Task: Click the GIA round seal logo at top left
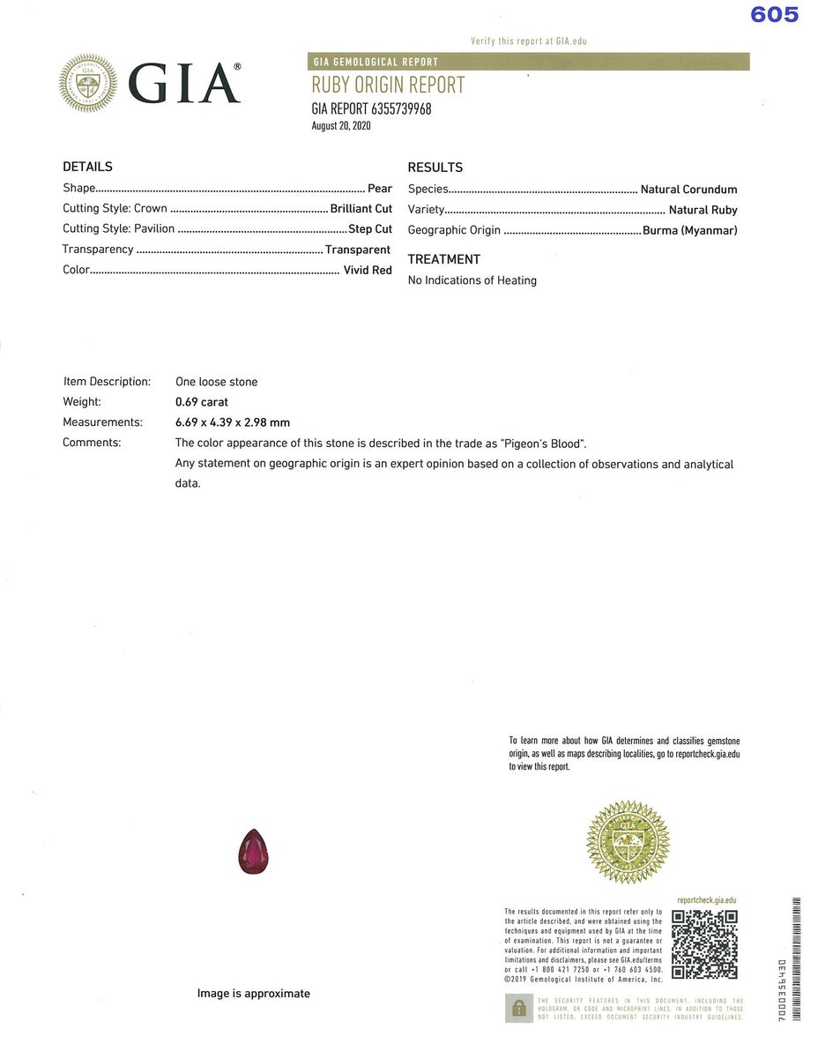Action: tap(88, 84)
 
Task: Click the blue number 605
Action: tap(774, 15)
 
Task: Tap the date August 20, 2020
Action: tap(341, 126)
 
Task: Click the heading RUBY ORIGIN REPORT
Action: tap(388, 86)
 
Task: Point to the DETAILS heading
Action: tap(87, 167)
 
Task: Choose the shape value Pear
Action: tap(380, 189)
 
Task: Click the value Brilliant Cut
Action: tap(361, 209)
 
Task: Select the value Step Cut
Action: tap(370, 229)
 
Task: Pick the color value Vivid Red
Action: tap(368, 271)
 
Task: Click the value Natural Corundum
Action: tap(688, 190)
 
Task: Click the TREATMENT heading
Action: tap(443, 259)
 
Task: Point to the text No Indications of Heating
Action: tap(472, 280)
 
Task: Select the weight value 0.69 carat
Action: tap(202, 402)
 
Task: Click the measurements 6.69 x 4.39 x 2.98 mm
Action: tap(233, 422)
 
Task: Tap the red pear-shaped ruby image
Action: tap(254, 852)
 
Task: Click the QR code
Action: tap(704, 944)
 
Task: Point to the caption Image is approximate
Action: tap(253, 994)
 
